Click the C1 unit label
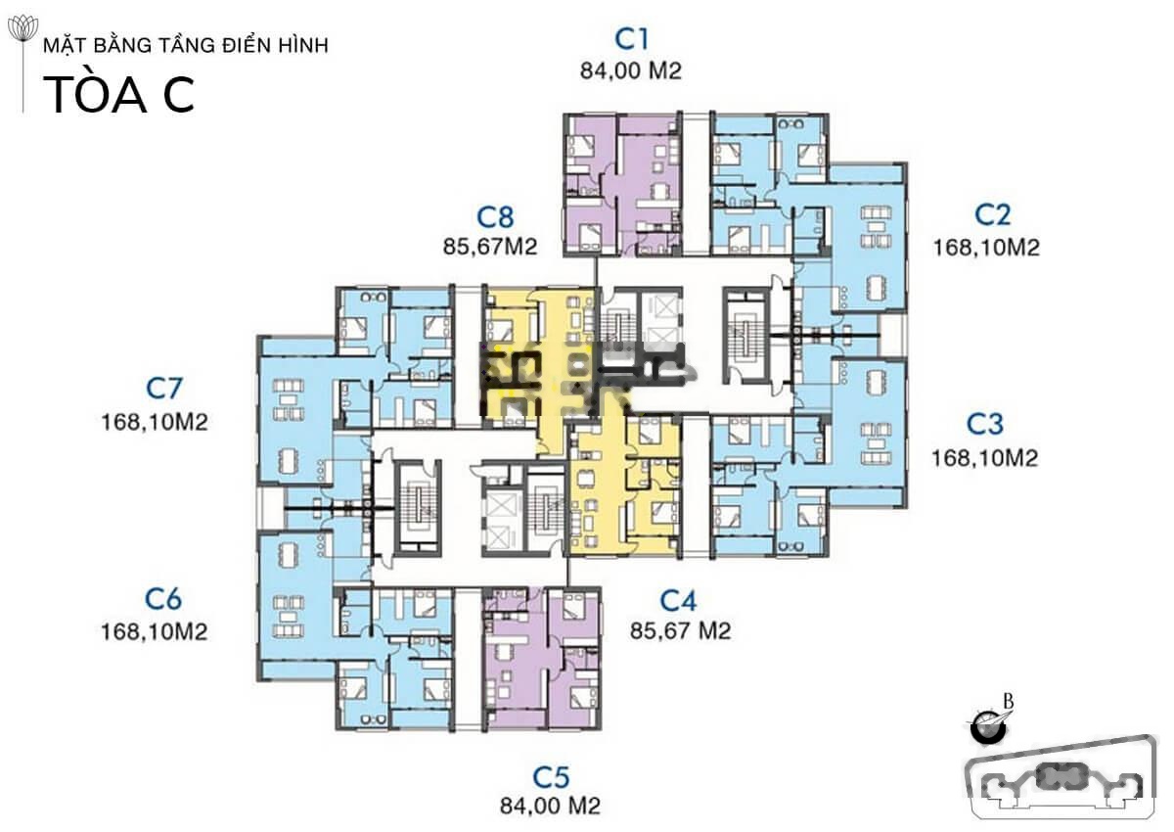[x=632, y=39]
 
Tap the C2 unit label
[x=992, y=214]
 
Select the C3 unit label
[x=985, y=424]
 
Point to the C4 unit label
[x=679, y=601]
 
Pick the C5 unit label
[x=552, y=777]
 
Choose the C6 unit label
[x=163, y=599]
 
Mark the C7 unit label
[x=164, y=388]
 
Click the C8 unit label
[x=495, y=217]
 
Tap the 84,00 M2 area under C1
[x=631, y=71]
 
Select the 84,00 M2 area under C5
[x=550, y=806]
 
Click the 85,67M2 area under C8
[x=490, y=247]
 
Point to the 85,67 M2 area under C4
[x=681, y=630]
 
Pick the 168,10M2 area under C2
[x=986, y=248]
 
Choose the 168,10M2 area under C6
[x=155, y=631]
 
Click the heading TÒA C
[x=119, y=95]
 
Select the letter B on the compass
[x=1009, y=702]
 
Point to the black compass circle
[x=988, y=727]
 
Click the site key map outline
[x=1061, y=777]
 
